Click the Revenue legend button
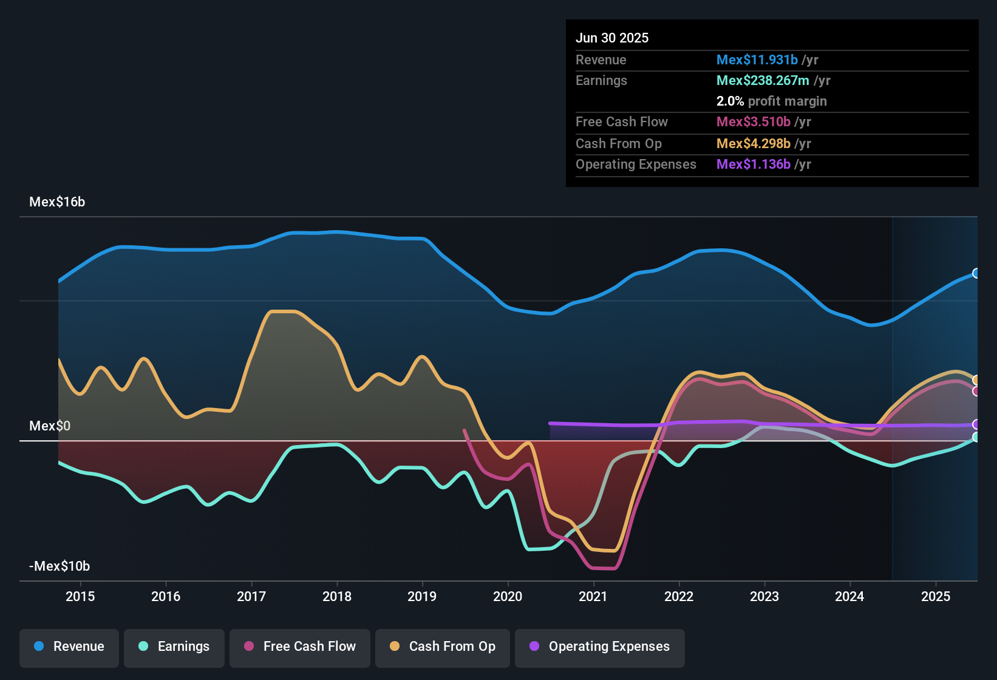point(69,647)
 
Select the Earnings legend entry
point(174,647)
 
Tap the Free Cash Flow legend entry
point(300,647)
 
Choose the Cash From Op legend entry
point(443,647)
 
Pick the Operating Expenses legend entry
point(600,647)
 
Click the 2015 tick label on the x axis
point(80,596)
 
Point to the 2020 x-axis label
point(508,596)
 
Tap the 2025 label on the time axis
point(936,596)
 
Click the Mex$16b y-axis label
point(57,202)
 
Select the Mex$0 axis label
point(50,426)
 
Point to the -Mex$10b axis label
point(60,566)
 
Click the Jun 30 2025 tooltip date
point(612,38)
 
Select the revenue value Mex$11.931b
point(757,60)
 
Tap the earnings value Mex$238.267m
point(763,81)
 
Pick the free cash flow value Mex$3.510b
point(754,122)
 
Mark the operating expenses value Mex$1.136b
point(754,165)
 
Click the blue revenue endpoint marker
point(976,273)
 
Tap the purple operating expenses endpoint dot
point(976,424)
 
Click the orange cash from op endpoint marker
point(976,380)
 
